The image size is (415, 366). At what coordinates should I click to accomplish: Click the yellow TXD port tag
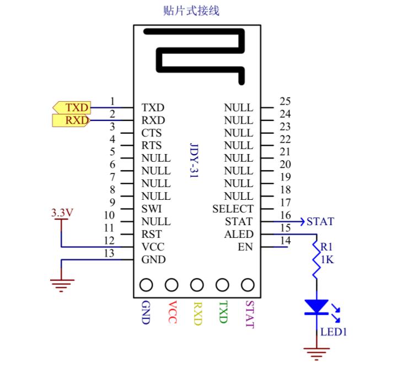(x=72, y=107)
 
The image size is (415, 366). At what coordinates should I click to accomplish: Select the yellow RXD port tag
(x=72, y=120)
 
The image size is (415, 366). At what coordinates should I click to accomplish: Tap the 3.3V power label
(x=61, y=212)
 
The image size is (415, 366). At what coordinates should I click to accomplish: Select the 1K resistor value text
(x=327, y=260)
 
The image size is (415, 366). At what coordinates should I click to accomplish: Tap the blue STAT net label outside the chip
(x=320, y=222)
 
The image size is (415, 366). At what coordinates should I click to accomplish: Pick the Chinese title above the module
(x=192, y=10)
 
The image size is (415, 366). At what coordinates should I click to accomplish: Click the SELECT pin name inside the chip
(x=233, y=209)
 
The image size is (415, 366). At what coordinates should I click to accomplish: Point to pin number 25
(x=285, y=101)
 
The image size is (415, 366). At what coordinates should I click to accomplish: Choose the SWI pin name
(x=152, y=209)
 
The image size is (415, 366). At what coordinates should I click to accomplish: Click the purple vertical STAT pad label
(x=249, y=314)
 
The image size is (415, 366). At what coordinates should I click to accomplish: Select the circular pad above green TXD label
(x=223, y=285)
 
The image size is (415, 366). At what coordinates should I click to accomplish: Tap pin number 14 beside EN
(x=285, y=241)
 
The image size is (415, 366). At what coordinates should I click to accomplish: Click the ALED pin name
(x=239, y=234)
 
